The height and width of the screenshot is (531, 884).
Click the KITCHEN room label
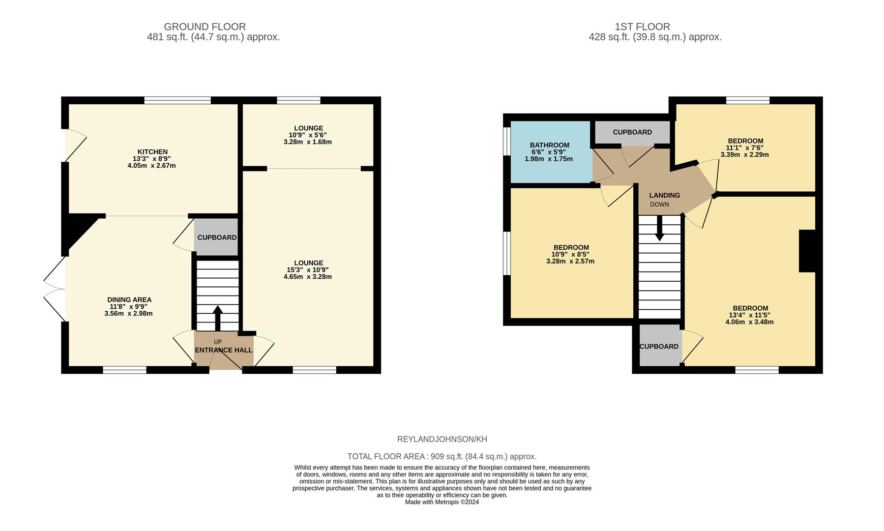click(x=152, y=152)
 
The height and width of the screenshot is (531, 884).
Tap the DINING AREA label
click(x=129, y=300)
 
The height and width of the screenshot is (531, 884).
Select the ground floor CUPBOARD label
click(x=217, y=237)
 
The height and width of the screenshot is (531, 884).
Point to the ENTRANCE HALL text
click(x=224, y=350)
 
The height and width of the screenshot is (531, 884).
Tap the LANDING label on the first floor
click(x=665, y=195)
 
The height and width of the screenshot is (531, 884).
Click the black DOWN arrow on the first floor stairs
click(x=660, y=229)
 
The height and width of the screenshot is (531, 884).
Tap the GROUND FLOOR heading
click(x=205, y=27)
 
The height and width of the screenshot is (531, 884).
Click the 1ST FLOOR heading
click(x=642, y=27)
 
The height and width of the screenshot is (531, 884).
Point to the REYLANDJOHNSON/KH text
click(x=442, y=439)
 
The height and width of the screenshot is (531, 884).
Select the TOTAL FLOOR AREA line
click(x=442, y=456)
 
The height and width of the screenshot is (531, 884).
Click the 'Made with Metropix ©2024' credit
click(x=442, y=502)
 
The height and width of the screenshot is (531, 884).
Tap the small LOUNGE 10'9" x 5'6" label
click(x=308, y=135)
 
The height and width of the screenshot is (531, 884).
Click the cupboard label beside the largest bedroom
click(x=659, y=347)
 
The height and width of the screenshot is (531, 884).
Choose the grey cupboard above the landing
click(x=632, y=133)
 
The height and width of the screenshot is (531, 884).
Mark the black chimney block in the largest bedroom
click(x=807, y=251)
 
